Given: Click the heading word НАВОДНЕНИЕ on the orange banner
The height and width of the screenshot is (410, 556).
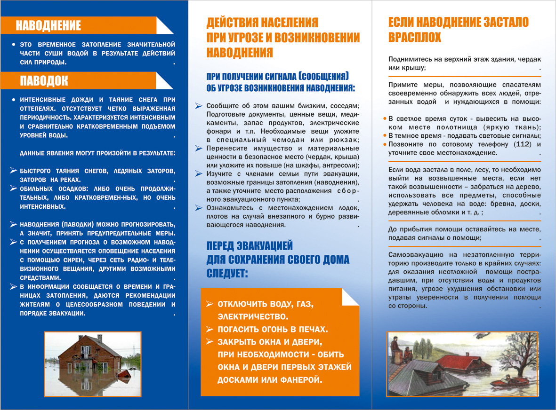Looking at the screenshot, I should click(x=48, y=25).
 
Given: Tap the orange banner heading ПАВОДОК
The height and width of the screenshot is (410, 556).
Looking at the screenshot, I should click(x=44, y=80).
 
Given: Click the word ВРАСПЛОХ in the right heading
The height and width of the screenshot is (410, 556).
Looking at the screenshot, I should click(x=415, y=38).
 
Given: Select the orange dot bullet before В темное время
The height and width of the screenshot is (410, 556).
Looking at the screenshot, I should click(x=385, y=136).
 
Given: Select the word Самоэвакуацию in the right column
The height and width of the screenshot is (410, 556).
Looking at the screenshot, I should click(x=409, y=254).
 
